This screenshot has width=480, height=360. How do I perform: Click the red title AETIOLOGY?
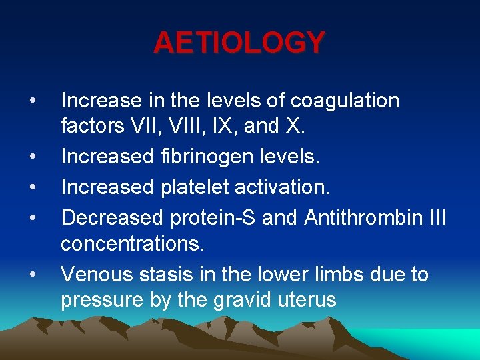click(239, 43)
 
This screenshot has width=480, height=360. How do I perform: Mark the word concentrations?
click(133, 243)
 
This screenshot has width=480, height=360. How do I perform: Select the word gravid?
click(240, 301)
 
